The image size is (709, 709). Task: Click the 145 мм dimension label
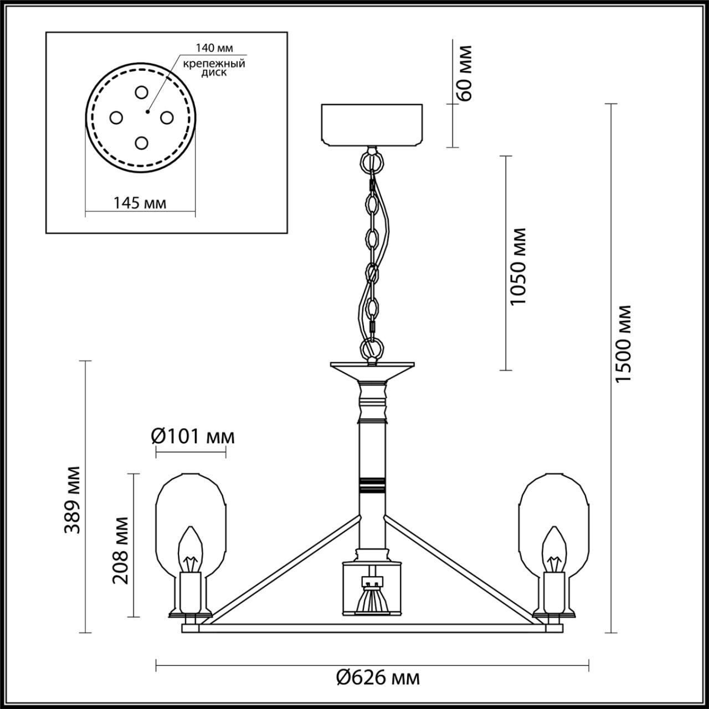tap(140, 203)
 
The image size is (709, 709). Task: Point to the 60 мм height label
tap(465, 73)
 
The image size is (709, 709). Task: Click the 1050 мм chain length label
tap(518, 266)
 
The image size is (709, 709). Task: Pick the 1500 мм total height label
tap(623, 343)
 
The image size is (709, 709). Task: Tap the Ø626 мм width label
tap(378, 676)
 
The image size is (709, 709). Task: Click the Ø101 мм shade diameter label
tap(193, 436)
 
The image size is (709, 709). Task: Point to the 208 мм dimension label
tap(120, 549)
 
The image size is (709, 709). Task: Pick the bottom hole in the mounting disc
tap(141, 143)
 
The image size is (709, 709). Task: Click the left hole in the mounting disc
tap(116, 117)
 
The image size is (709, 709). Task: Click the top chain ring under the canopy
tap(372, 161)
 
